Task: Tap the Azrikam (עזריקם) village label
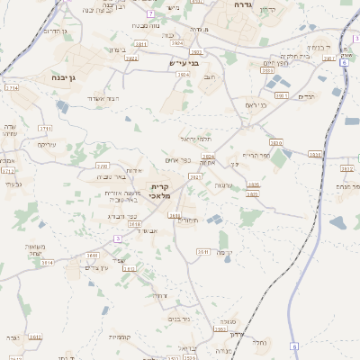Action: [46, 144]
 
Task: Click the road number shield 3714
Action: [11, 88]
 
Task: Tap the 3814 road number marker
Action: [48, 263]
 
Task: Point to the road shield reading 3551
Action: [202, 251]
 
